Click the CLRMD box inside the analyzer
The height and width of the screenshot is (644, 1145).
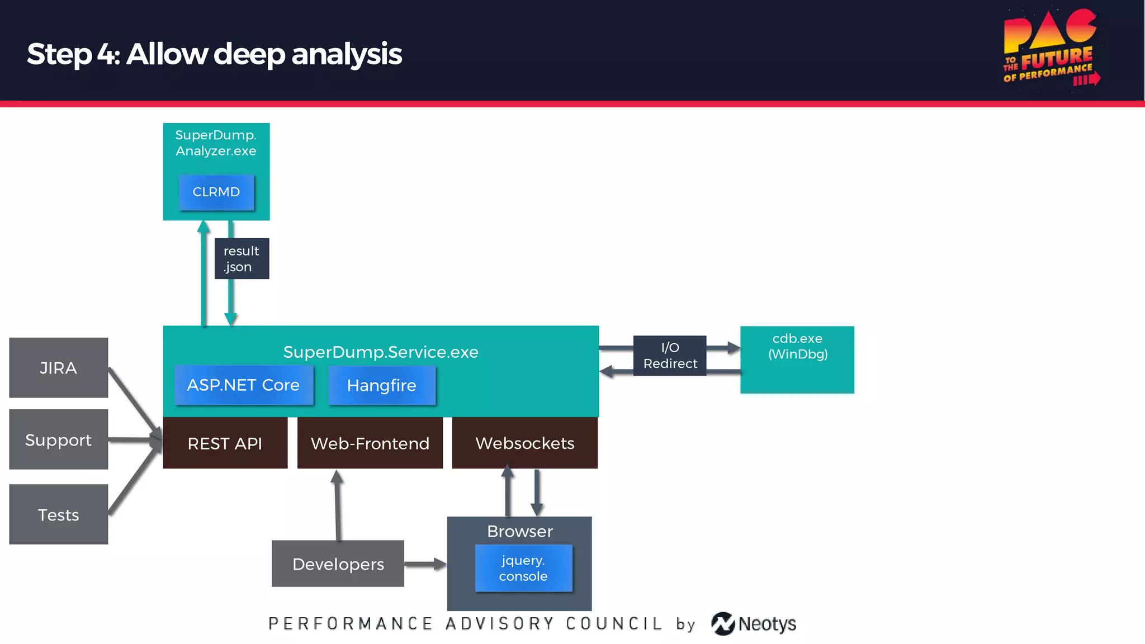click(x=216, y=192)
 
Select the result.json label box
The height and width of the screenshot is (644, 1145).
click(x=242, y=259)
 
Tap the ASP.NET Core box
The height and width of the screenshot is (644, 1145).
click(x=243, y=385)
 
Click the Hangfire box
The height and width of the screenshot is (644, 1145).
click(x=382, y=385)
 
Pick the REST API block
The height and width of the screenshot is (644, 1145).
click(x=225, y=443)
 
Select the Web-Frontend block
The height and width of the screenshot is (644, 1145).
click(x=370, y=443)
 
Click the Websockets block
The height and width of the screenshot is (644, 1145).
click(x=524, y=443)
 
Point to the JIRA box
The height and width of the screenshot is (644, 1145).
click(x=59, y=368)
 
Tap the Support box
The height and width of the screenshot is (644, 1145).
click(x=59, y=440)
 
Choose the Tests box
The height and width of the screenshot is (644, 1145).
click(x=59, y=514)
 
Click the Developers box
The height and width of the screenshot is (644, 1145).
click(x=338, y=563)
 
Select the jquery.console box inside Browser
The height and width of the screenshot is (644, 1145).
click(x=523, y=568)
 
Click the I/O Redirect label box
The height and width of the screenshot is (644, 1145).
click(x=670, y=356)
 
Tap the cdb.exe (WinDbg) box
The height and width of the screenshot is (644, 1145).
click(x=797, y=360)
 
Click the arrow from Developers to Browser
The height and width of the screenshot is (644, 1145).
click(x=425, y=564)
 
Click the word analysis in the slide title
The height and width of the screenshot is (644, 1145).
click(x=347, y=54)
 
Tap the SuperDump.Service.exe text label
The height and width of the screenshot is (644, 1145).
click(x=381, y=352)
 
